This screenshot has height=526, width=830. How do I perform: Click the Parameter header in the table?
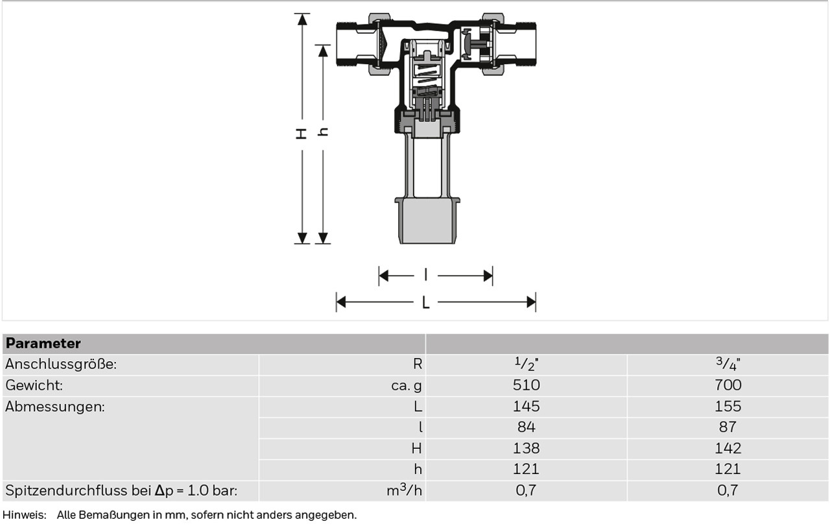pyautogui.click(x=43, y=343)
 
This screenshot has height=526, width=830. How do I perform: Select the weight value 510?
pyautogui.click(x=526, y=385)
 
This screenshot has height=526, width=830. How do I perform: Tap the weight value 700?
pyautogui.click(x=728, y=385)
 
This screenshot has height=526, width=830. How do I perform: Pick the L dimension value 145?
pyautogui.click(x=526, y=406)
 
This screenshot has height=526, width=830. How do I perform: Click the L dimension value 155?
pyautogui.click(x=728, y=406)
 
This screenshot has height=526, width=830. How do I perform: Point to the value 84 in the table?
pyautogui.click(x=526, y=427)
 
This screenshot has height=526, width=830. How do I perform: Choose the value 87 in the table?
pyautogui.click(x=728, y=427)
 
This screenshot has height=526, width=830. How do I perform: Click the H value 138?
pyautogui.click(x=526, y=449)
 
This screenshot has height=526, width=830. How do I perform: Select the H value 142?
pyautogui.click(x=728, y=449)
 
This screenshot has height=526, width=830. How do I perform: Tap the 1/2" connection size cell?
pyautogui.click(x=526, y=364)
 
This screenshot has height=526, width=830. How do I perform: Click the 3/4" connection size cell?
pyautogui.click(x=728, y=364)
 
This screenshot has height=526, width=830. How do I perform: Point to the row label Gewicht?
pyautogui.click(x=34, y=385)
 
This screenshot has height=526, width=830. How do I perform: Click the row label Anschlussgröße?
pyautogui.click(x=61, y=365)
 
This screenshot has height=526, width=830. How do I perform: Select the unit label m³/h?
pyautogui.click(x=404, y=490)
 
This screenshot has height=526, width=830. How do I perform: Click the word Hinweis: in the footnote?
pyautogui.click(x=25, y=515)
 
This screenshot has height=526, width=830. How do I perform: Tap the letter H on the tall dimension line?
pyautogui.click(x=302, y=134)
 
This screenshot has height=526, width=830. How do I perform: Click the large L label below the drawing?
pyautogui.click(x=426, y=302)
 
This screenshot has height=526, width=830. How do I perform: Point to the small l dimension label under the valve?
pyautogui.click(x=426, y=275)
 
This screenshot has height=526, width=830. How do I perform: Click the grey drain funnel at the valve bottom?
pyautogui.click(x=427, y=221)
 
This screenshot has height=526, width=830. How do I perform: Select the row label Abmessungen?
pyautogui.click(x=55, y=407)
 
